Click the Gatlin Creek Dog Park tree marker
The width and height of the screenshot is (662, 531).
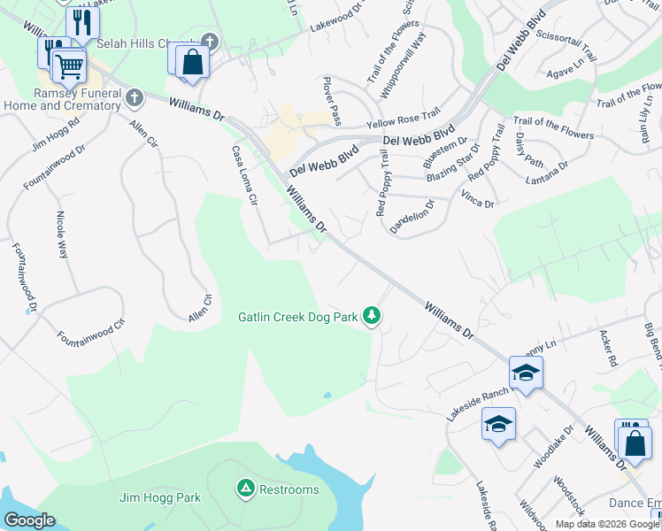(373, 316)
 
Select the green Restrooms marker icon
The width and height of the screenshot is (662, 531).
(245, 488)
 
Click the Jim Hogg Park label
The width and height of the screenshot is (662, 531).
(160, 497)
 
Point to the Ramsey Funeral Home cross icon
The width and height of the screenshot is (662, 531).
(134, 96)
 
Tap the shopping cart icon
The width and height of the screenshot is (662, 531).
(68, 65)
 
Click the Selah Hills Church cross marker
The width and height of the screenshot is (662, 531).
(209, 41)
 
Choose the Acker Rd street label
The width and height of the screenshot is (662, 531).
(607, 350)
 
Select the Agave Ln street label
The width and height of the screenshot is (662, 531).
(563, 72)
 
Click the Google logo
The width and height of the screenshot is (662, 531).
(30, 520)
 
